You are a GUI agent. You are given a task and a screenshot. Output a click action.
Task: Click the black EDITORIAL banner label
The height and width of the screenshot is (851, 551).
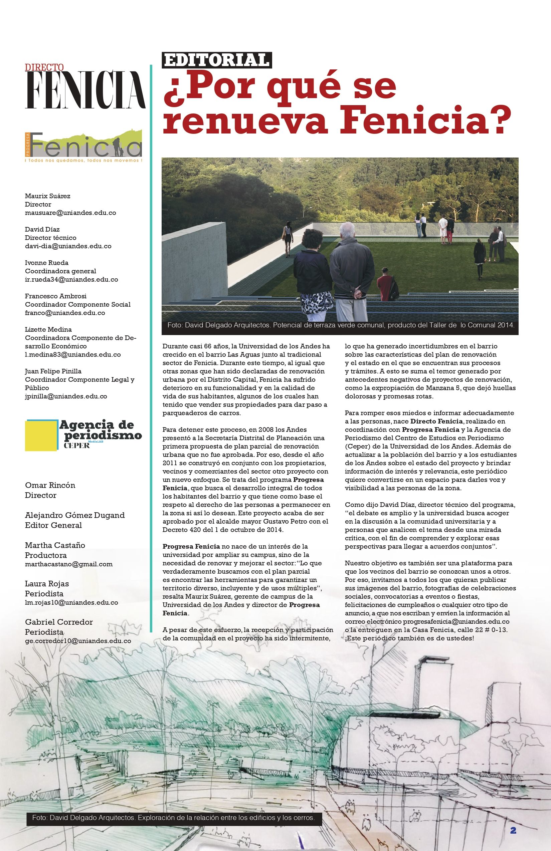coord(217,60)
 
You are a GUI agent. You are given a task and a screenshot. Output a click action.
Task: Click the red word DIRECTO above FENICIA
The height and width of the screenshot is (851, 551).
coord(44,67)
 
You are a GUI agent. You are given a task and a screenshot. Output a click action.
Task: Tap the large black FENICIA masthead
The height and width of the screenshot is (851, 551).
coord(85,90)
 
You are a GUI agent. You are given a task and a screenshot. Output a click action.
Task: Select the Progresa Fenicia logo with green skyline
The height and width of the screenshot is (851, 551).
coord(84,147)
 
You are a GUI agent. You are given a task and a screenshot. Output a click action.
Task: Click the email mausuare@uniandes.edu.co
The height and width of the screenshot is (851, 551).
coord(70,213)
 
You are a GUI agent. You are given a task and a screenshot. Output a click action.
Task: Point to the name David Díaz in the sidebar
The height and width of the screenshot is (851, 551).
coord(42,229)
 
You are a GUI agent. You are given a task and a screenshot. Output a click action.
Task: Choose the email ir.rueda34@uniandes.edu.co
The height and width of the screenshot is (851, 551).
coord(71,280)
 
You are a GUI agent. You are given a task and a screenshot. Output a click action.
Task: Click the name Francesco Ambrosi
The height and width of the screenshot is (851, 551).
coord(56,296)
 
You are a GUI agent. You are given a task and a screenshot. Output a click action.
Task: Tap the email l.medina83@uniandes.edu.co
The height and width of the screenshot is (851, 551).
coord(73,355)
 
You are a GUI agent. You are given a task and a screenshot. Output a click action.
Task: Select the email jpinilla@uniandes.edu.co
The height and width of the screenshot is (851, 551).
coord(66,396)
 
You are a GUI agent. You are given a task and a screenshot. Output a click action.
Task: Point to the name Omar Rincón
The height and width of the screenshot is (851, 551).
coord(50,485)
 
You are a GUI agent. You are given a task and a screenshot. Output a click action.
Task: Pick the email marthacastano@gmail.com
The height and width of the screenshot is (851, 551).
coord(69,564)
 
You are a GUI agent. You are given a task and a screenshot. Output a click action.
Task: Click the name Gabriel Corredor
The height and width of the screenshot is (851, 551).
coord(59,622)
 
